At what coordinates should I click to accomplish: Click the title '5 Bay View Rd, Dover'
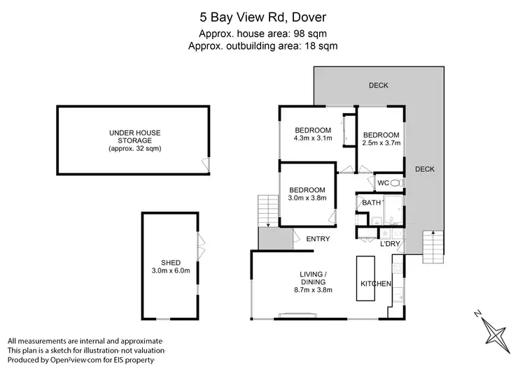point(262,16)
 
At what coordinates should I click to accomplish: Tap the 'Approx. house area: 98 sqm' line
point(262,33)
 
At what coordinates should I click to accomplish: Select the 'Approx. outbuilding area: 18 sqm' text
point(262,45)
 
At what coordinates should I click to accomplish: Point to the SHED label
point(170,263)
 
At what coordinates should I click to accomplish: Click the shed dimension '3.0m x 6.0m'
point(170,271)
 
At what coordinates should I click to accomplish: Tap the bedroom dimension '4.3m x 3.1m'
point(312,138)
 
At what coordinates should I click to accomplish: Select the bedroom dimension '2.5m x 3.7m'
point(381,143)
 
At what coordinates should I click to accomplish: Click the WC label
point(383,183)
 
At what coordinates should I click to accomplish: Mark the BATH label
point(372,203)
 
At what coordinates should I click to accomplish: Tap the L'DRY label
point(390,244)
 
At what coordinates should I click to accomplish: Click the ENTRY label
point(318,240)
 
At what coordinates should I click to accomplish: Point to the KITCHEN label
point(375,284)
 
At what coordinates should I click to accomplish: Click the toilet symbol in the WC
point(395,183)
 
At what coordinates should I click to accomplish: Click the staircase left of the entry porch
point(268,210)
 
